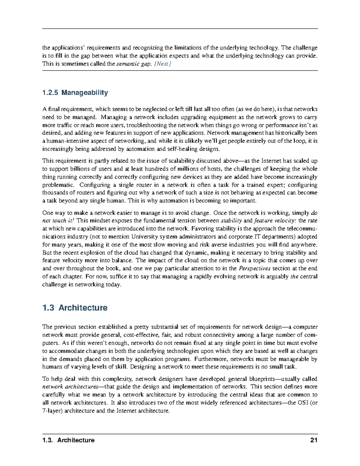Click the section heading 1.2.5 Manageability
(75, 93)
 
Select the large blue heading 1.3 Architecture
(75, 308)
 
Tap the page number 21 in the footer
(314, 440)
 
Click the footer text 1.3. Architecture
(68, 440)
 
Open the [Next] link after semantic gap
(162, 64)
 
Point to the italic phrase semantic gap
(133, 64)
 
